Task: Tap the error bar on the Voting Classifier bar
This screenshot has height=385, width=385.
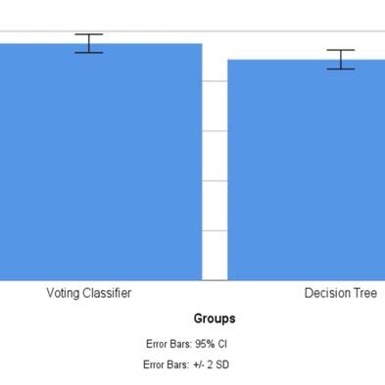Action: pos(89,43)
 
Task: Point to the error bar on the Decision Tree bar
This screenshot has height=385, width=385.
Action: pos(341,59)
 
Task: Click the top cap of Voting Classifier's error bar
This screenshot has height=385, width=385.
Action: pos(89,34)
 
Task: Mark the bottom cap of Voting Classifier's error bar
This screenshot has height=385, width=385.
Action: pos(89,52)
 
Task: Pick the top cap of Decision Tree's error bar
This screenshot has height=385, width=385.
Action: pos(341,50)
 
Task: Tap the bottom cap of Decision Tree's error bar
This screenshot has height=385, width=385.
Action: pos(341,69)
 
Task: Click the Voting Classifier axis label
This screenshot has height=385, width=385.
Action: pos(89,293)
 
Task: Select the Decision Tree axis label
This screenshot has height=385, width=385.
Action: pos(340,293)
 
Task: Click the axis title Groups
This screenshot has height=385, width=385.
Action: pos(215,318)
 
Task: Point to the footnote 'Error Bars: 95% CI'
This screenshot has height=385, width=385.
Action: pos(185,344)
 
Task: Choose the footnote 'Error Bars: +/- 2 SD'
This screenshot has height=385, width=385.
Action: pos(186,364)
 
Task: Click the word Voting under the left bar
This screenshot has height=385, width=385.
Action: pos(64,293)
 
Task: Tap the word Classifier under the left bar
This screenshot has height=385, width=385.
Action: pos(107,293)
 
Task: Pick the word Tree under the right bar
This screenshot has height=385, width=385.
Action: pos(365,293)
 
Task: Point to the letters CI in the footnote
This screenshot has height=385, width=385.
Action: pos(223,344)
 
